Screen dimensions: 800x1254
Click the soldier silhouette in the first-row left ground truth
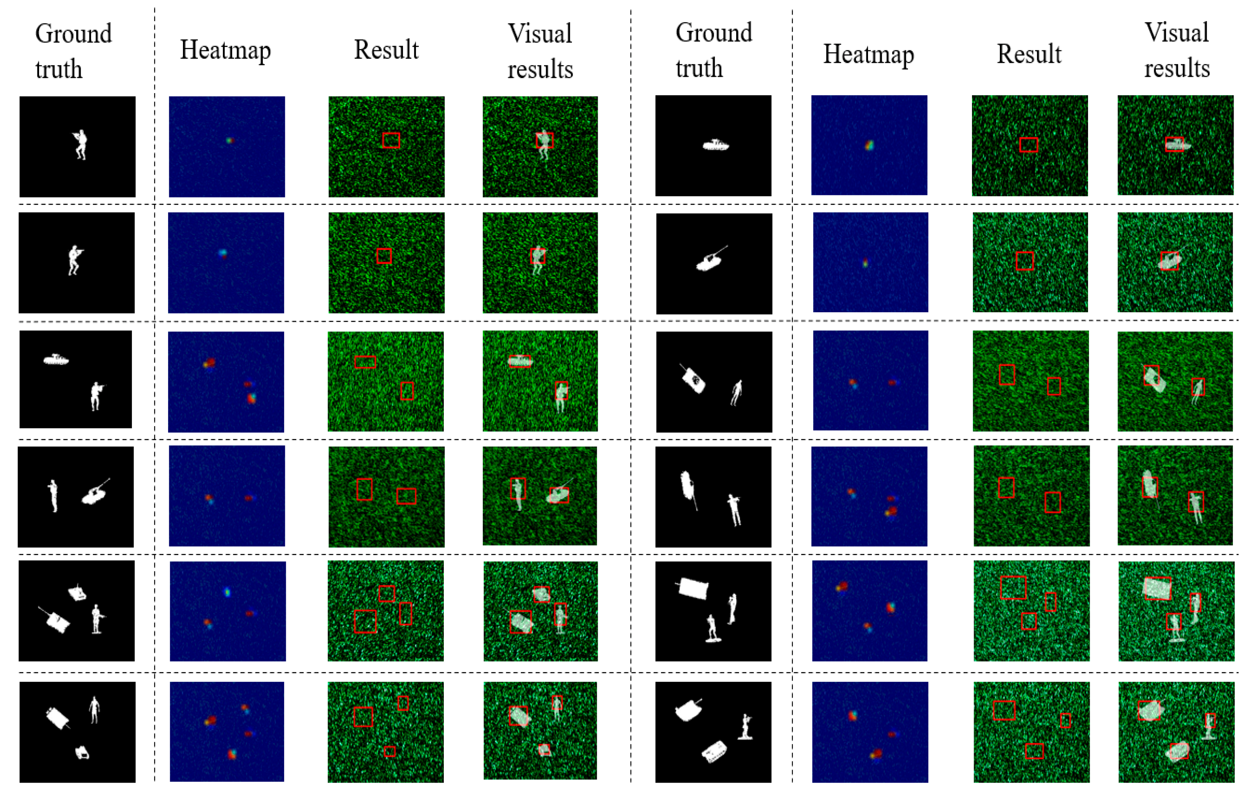click(x=80, y=144)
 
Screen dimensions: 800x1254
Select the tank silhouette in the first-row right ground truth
click(x=715, y=145)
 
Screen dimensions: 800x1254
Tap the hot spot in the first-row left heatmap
click(x=230, y=140)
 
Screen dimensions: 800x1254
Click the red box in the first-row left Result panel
click(x=391, y=140)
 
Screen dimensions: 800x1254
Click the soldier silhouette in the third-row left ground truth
click(x=96, y=395)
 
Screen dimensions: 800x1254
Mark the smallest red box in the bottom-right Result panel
click(x=1066, y=720)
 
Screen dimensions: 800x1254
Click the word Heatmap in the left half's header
click(x=225, y=50)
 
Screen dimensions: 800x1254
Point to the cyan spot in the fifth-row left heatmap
click(x=227, y=592)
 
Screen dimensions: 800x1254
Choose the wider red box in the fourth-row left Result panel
click(x=406, y=496)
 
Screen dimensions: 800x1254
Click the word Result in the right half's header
click(x=1029, y=54)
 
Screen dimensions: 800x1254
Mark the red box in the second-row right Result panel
click(x=1024, y=261)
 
